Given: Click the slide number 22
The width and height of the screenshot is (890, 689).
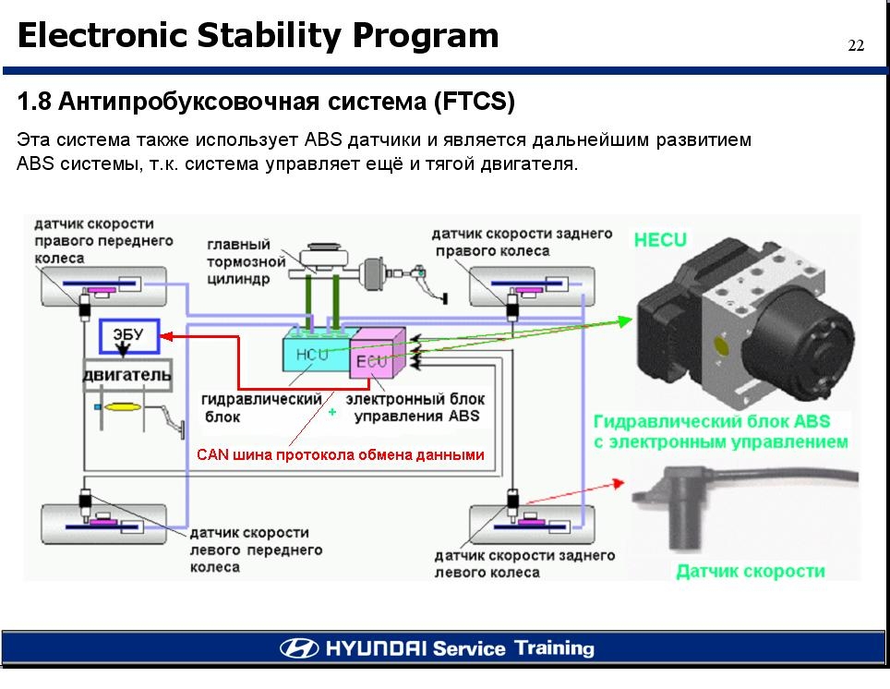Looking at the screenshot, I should point(856,47).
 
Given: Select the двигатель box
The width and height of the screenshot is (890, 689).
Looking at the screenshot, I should point(127,375).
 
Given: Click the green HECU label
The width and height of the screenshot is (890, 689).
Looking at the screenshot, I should point(660,240).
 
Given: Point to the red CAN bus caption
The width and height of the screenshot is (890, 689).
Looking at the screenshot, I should point(340,455).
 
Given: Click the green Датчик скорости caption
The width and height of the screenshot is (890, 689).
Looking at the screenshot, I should point(750,571).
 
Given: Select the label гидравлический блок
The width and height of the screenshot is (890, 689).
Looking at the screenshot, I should point(260,407).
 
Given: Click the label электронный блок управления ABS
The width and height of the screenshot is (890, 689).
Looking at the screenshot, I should point(415,407).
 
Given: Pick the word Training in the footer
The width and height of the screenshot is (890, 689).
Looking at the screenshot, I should point(554,647).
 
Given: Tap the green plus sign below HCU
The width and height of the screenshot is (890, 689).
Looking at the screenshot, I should point(331,413).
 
